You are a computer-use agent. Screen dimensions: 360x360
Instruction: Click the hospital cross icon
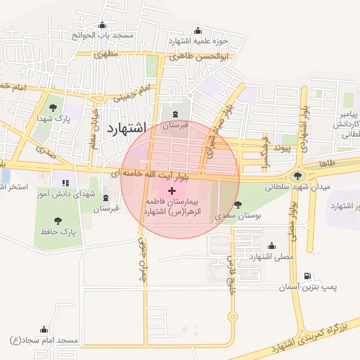pyautogui.click(x=172, y=191)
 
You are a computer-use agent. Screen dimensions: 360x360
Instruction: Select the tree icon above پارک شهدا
pyautogui.click(x=53, y=107)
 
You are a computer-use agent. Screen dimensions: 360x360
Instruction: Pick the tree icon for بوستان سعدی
pyautogui.click(x=238, y=205)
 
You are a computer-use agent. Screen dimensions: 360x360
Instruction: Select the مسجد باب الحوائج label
pyautogui.click(x=107, y=35)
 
